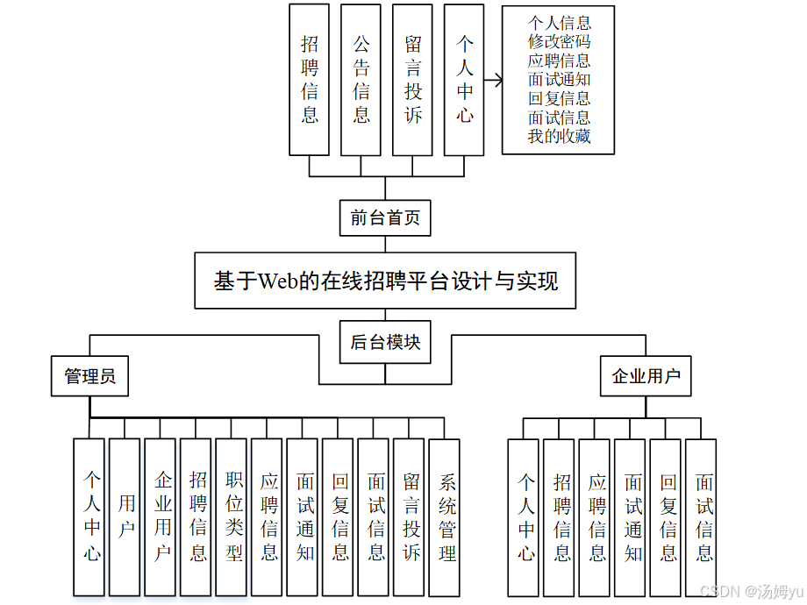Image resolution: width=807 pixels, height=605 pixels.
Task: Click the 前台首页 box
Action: pyautogui.click(x=385, y=218)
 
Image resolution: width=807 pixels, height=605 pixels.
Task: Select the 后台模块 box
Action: pyautogui.click(x=385, y=342)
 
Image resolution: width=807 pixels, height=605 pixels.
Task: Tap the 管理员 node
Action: pyautogui.click(x=89, y=376)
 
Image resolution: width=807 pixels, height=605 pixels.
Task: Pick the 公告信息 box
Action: pyautogui.click(x=361, y=79)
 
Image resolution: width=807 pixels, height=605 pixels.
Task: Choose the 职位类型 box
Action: pyautogui.click(x=232, y=516)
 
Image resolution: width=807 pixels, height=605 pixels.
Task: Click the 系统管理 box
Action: pyautogui.click(x=446, y=516)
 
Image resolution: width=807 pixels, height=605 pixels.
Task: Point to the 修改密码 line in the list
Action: pyautogui.click(x=559, y=41)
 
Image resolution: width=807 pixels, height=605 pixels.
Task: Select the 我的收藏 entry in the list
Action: pyautogui.click(x=559, y=136)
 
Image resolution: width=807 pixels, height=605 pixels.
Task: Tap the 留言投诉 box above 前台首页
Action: pyautogui.click(x=412, y=79)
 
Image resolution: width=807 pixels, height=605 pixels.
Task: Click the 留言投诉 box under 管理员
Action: pyautogui.click(x=410, y=516)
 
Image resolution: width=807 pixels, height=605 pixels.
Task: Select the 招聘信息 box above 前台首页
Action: pyautogui.click(x=309, y=79)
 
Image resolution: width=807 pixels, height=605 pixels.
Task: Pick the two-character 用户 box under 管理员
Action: pyautogui.click(x=125, y=516)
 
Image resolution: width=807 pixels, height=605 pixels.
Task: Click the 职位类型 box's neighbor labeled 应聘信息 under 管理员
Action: pyautogui.click(x=268, y=516)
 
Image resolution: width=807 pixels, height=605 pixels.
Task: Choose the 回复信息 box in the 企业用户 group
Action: pyautogui.click(x=667, y=516)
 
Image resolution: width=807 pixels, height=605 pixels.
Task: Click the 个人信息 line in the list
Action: pyautogui.click(x=559, y=23)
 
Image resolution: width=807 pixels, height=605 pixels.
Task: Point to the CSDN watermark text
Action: pyautogui.click(x=720, y=592)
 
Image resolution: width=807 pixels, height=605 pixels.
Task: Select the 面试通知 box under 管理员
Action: pyautogui.click(x=304, y=516)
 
